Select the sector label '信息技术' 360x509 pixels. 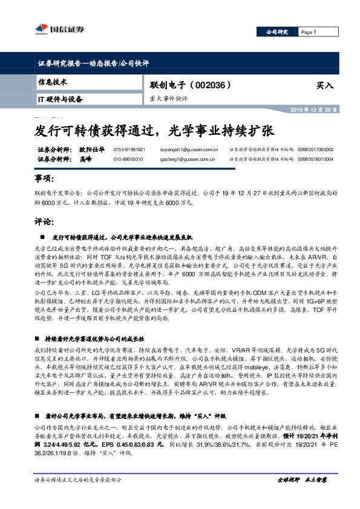53,82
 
